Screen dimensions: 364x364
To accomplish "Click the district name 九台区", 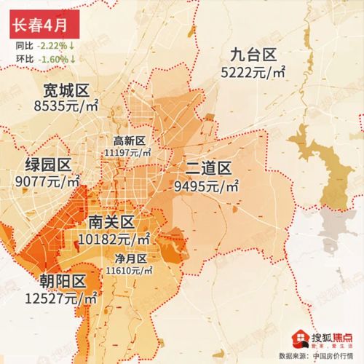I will pos(253,53).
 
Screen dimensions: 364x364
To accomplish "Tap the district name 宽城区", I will pos(66,91).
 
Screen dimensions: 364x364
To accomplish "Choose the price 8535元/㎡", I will pos(66,107).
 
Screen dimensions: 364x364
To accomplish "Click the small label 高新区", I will pos(129,141).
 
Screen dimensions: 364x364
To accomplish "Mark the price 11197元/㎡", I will pos(128,152).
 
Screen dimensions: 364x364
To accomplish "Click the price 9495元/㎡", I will pos(207,186).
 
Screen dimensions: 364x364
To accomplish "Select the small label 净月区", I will pos(131,259).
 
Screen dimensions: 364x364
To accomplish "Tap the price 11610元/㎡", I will pos(129,271).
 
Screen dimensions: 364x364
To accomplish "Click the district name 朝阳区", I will pos(63,281).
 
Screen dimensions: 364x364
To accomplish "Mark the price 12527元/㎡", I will pos(63,298).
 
